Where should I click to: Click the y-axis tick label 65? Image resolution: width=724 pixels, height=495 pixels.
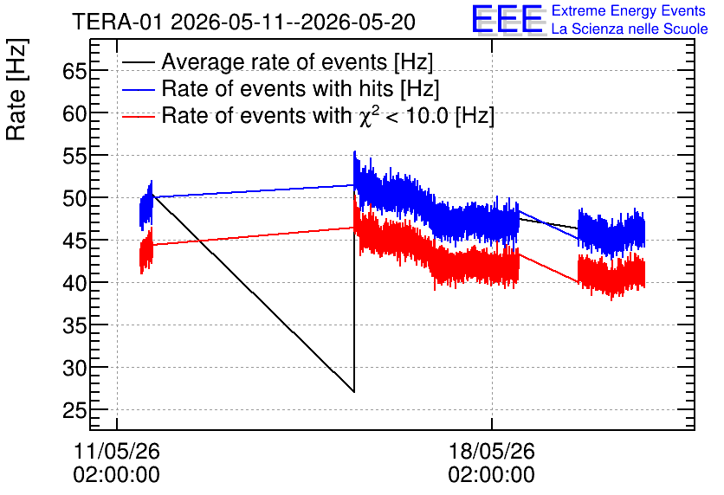(74, 71)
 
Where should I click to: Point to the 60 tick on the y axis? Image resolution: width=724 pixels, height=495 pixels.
(74, 113)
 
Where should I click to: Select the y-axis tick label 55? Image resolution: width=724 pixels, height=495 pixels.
(74, 156)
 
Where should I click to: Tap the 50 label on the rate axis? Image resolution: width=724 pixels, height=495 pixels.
(74, 198)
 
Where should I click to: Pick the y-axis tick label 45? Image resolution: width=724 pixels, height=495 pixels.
(74, 241)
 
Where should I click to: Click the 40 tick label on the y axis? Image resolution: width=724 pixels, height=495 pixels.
(74, 283)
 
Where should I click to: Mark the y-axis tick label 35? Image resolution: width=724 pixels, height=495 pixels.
(74, 325)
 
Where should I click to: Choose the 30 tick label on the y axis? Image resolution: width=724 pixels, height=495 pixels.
(74, 368)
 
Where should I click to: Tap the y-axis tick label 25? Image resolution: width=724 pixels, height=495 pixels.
(74, 410)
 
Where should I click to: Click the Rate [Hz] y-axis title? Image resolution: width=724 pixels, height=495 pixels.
(16, 90)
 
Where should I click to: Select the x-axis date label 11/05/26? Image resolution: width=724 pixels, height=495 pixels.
(116, 451)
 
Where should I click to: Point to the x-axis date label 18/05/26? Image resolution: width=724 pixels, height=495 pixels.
(491, 451)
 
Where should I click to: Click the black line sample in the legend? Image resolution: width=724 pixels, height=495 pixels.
(138, 62)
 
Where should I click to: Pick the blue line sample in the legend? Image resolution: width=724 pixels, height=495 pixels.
(138, 89)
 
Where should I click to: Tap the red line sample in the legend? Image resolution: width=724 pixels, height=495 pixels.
(138, 116)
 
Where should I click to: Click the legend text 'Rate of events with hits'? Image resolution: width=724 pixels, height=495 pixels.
(277, 88)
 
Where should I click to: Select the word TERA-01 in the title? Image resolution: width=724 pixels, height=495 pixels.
(117, 22)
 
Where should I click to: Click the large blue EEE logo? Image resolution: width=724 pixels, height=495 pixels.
(507, 20)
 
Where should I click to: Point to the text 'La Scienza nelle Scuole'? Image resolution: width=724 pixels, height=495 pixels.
(630, 29)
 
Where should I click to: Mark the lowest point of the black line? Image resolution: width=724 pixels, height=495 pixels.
(353, 392)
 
